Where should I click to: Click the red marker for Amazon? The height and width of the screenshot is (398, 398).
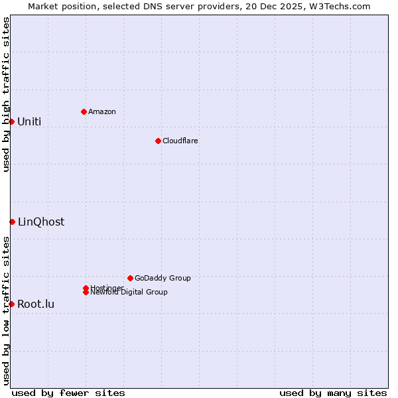[x=84, y=111]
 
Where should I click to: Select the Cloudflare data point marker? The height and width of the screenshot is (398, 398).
[x=158, y=141]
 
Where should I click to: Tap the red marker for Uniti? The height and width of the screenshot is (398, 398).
[x=11, y=121]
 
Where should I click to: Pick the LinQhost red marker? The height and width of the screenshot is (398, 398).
[x=12, y=222]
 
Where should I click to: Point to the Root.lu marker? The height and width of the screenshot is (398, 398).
[x=11, y=304]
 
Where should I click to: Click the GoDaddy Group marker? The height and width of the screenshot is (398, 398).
[x=130, y=278]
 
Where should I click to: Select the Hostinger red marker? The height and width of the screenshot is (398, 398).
[x=86, y=288]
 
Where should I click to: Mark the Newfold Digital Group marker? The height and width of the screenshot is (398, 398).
[x=86, y=292]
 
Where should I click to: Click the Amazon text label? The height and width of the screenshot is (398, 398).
[x=102, y=111]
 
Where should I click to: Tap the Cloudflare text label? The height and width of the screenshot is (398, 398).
[x=180, y=141]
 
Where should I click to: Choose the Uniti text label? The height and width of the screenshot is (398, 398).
[x=29, y=121]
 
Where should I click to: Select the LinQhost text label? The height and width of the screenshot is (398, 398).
[x=41, y=222]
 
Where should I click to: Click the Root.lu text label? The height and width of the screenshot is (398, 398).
[x=36, y=304]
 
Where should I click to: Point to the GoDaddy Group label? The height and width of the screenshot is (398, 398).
[x=163, y=278]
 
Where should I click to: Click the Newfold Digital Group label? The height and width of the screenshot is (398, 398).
[x=129, y=293]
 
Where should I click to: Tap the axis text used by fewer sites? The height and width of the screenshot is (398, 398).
[x=68, y=393]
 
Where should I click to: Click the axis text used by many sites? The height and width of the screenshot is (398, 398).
[x=333, y=393]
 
